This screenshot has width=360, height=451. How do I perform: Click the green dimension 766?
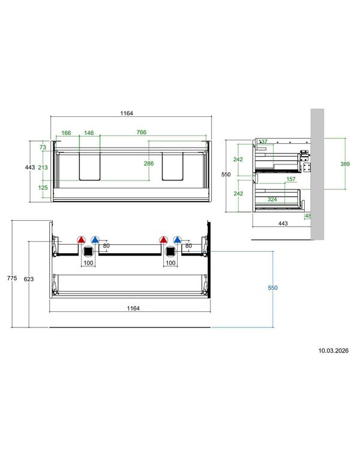point(141,133)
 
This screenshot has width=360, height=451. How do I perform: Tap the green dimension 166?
point(66,133)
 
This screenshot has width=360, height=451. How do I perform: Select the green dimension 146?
point(89,133)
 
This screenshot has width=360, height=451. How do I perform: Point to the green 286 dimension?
point(149,163)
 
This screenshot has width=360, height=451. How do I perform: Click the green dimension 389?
point(345,164)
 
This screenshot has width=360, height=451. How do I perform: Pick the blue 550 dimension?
point(272,288)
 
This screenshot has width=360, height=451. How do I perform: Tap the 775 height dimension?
point(12,278)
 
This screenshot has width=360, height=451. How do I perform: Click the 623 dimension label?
point(29,279)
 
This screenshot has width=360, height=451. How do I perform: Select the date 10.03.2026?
point(333,351)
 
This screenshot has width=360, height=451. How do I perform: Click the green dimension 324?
point(272,199)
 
